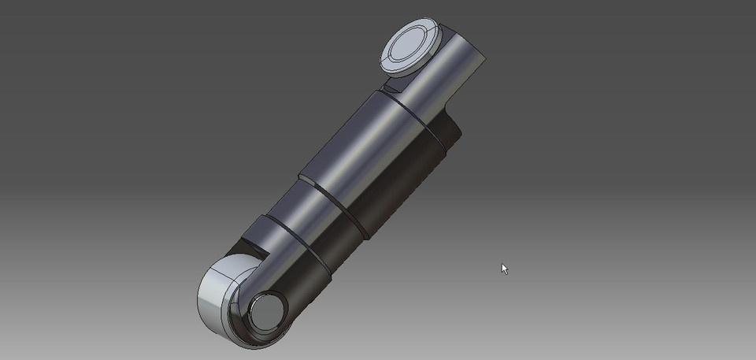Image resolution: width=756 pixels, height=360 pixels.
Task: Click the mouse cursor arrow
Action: pyautogui.click(x=505, y=269)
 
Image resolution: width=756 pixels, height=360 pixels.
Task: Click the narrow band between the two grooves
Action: pyautogui.click(x=312, y=217)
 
